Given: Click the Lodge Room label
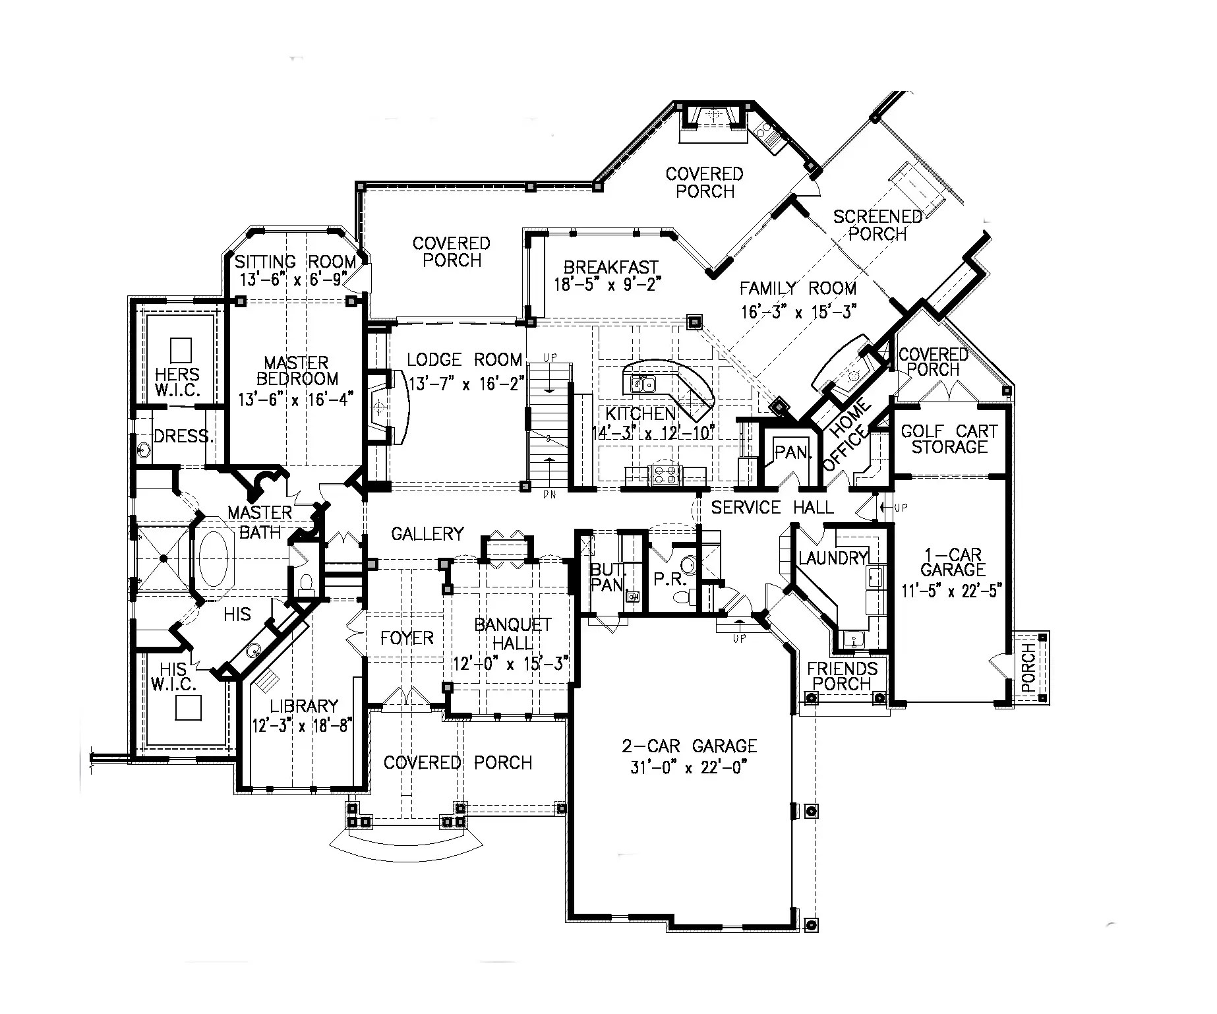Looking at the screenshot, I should coord(464,360).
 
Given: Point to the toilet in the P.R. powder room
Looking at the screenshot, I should coord(682,596).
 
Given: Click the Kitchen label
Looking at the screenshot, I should coord(640,414).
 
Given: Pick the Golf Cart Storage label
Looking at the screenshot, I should coord(949,439).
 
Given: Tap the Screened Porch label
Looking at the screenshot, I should coord(877,225).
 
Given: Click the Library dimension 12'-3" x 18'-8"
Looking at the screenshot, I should coord(303,725).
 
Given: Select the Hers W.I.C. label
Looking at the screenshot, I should coord(177,382).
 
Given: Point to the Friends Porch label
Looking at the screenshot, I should coord(842,676).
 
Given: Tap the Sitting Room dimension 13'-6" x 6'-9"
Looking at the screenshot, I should coord(293,280).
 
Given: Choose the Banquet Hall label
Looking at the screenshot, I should coord(512,633).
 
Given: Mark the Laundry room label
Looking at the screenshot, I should coord(832,558).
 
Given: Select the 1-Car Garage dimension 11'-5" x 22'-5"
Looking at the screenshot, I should coord(952,590).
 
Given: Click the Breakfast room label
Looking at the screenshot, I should coord(610,267).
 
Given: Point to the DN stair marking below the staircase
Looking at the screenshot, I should coord(548,494).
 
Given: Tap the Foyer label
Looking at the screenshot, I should coord(407,638).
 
